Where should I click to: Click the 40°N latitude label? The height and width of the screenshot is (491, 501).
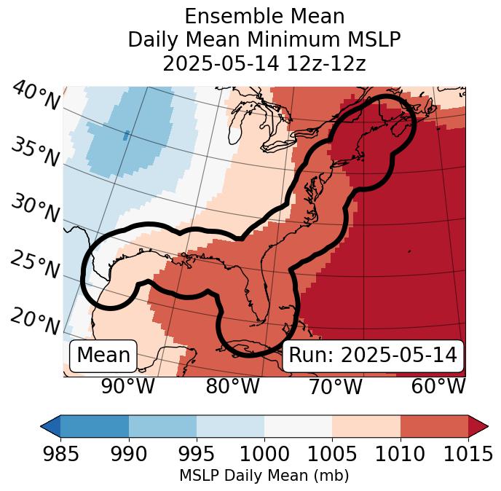35,97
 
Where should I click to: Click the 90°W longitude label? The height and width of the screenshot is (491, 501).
127,387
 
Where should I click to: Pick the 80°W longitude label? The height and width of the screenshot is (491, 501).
232,387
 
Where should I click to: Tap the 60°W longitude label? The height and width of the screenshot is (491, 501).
438,387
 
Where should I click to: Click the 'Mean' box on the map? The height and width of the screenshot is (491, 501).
103,356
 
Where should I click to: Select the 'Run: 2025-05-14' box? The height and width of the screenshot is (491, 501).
373,356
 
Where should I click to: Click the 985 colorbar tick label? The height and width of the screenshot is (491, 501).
60,455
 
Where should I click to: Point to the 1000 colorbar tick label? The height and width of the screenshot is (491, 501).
264,455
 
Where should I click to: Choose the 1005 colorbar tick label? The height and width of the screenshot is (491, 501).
332,455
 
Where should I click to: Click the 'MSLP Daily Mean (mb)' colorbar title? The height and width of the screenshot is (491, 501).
264,476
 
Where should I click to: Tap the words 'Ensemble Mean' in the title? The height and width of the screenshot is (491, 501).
264,17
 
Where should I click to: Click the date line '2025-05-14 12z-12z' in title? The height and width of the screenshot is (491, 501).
264,63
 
